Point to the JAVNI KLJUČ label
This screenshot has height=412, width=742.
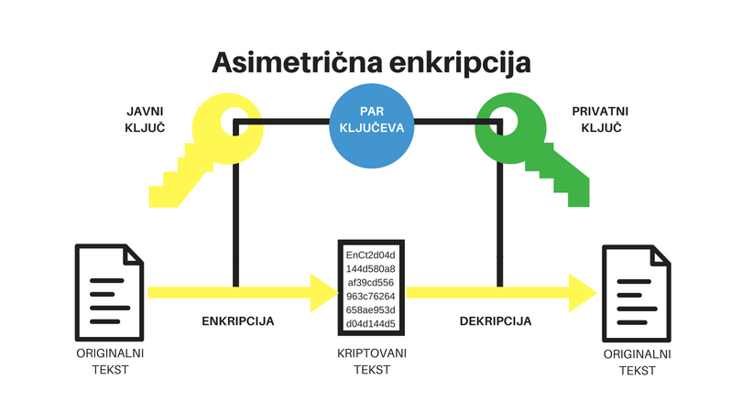tap(145, 119)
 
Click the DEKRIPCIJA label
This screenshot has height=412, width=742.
tap(496, 322)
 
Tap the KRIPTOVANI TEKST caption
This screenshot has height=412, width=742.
tap(370, 361)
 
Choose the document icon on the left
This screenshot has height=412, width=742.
tap(109, 291)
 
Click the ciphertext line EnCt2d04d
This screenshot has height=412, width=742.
tap(370, 254)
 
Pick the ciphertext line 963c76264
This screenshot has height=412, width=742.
tap(370, 296)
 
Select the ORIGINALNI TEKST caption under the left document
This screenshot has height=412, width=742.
tap(109, 361)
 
